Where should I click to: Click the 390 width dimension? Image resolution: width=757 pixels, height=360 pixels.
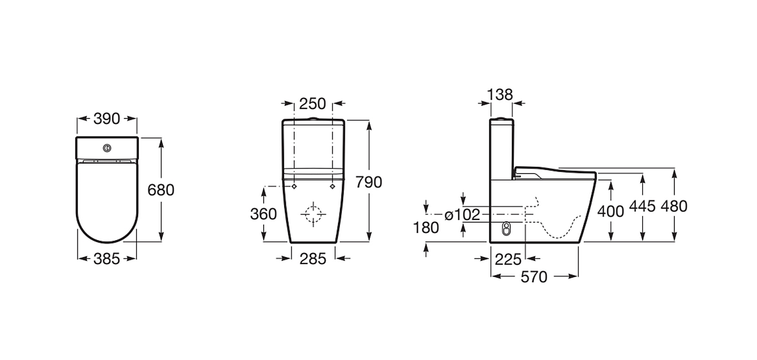point(107,119)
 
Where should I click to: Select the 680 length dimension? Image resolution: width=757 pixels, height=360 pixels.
point(161,190)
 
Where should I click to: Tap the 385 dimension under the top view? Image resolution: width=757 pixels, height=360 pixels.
point(107,259)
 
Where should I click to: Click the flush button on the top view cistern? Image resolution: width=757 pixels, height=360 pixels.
point(107,148)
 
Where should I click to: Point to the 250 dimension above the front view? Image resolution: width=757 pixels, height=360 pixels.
point(312,104)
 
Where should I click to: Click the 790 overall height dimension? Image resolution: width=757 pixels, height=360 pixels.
point(369,182)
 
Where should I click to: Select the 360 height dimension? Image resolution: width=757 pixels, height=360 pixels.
point(263,214)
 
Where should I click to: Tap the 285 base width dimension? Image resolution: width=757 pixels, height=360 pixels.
point(313,259)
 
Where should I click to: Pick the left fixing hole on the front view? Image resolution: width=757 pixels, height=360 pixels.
point(294,186)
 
